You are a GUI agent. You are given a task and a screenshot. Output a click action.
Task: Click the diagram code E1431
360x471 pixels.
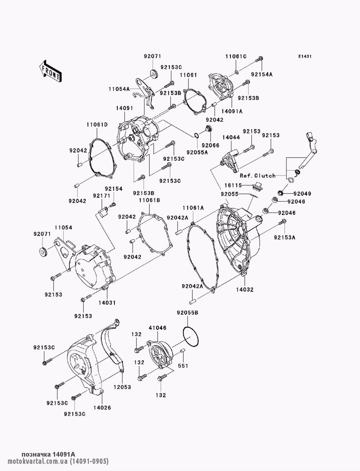pyautogui.click(x=305, y=56)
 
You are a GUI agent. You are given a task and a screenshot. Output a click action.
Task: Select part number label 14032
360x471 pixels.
pyautogui.click(x=245, y=289)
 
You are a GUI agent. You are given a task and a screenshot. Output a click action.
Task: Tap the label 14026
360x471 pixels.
pyautogui.click(x=102, y=407)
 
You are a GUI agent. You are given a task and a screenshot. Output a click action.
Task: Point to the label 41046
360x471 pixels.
pyautogui.click(x=158, y=328)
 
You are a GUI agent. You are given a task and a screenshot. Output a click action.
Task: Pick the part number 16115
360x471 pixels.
pyautogui.click(x=233, y=185)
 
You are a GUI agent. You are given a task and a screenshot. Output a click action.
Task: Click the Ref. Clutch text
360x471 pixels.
pyautogui.click(x=258, y=176)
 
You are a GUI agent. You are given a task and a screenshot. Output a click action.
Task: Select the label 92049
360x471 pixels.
pyautogui.click(x=302, y=194)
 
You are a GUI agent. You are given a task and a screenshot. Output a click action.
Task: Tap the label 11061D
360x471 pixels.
pyautogui.click(x=97, y=124)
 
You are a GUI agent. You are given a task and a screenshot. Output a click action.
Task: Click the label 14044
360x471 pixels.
pyautogui.click(x=231, y=137)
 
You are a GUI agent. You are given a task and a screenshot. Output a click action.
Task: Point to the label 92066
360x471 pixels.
pyautogui.click(x=211, y=145)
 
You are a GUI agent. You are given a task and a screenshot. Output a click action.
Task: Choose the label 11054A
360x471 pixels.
pyautogui.click(x=119, y=89)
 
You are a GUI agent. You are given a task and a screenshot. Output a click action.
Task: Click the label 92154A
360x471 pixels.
pyautogui.click(x=262, y=74)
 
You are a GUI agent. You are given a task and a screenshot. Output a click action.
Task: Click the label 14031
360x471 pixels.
pyautogui.click(x=107, y=303)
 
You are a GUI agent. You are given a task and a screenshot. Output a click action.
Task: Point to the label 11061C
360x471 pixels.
pyautogui.click(x=236, y=56)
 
